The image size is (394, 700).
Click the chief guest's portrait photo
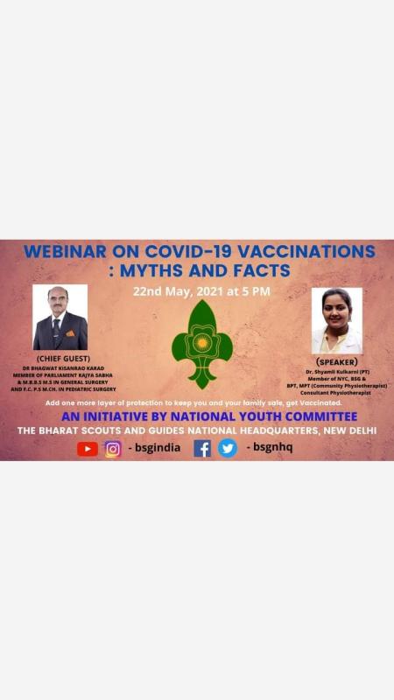point(60,317)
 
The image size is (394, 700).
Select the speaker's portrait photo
point(337,320)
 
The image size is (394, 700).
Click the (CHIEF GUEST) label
point(60,359)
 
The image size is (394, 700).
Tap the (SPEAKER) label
point(337,361)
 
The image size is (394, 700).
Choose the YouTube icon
point(88,449)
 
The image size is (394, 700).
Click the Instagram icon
point(113,449)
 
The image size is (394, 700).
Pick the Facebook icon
point(202,449)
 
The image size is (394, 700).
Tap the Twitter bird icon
point(228,449)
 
